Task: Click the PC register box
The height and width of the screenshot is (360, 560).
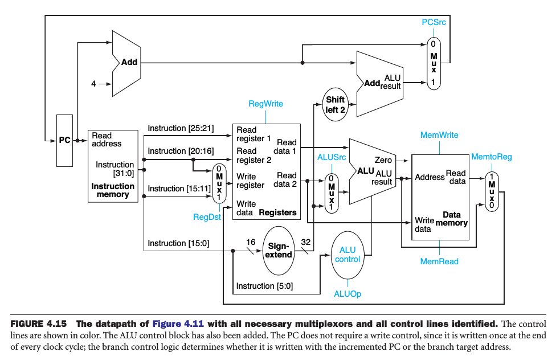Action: pos(65,140)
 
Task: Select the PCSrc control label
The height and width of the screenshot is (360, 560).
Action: pos(434,22)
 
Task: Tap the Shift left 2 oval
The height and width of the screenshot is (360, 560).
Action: pos(336,105)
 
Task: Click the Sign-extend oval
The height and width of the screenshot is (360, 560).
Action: pos(280,250)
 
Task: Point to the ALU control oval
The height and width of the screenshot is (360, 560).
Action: pos(348,255)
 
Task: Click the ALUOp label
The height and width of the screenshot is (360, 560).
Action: pos(348,294)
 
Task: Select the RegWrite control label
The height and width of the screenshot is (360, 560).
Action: pos(265,104)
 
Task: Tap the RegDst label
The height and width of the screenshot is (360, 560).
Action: pos(207,217)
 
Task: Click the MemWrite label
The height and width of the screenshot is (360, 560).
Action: pos(439,135)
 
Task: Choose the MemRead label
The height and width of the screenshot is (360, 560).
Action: pos(439,261)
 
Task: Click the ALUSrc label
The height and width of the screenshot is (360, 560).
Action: pos(330,157)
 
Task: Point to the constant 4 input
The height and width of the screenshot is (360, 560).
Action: pos(93,84)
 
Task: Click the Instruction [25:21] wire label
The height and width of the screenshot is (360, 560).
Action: pos(181,128)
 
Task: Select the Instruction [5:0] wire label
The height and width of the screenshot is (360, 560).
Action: pos(264,286)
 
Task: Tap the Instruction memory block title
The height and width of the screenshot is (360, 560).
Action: pos(113,190)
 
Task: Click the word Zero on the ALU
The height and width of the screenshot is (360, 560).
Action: pos(383,160)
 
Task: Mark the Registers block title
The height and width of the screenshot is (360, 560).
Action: pos(277,212)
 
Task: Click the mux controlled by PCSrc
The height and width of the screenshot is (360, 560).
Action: pos(434,63)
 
